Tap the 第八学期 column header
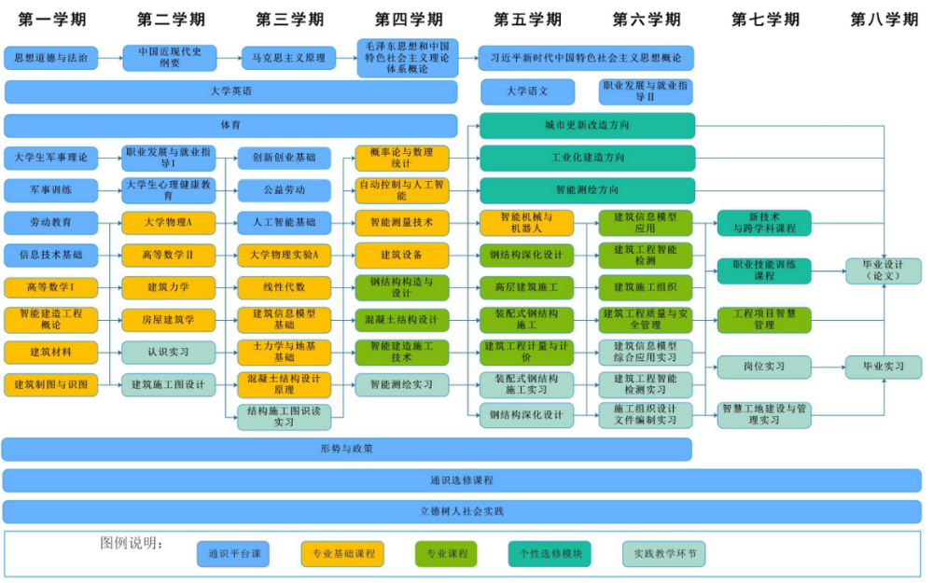point(884,19)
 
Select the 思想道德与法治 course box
point(50,58)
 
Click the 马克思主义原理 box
point(288,58)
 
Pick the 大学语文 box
point(527,91)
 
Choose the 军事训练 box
point(50,190)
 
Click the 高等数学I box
point(50,287)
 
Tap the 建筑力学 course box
point(169,287)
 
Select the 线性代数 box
point(284,287)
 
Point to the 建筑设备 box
point(401,255)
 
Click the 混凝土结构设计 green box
point(401,320)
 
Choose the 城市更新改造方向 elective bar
point(587,125)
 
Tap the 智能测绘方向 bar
point(587,190)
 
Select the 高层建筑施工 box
point(527,287)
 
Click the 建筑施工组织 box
point(646,287)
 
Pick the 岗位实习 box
point(764,367)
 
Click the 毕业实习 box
point(883,367)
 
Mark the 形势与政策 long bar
point(346,449)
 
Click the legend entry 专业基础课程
point(342,554)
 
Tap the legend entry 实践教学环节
point(664,554)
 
